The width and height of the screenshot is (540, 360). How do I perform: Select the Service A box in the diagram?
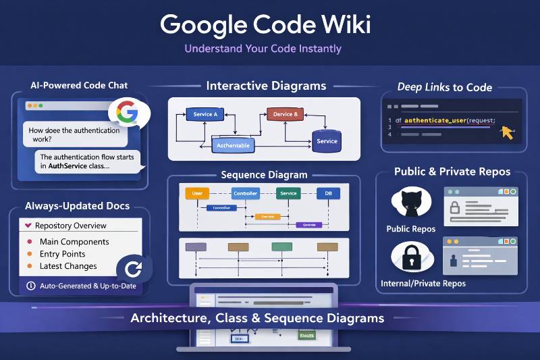click(205, 114)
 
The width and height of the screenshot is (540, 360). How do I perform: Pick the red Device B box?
click(283, 114)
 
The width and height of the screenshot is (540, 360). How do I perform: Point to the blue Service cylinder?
click(327, 140)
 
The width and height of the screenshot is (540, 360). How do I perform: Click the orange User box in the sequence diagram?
click(197, 193)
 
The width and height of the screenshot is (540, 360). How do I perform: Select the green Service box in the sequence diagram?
click(288, 193)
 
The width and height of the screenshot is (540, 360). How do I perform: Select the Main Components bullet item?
click(74, 242)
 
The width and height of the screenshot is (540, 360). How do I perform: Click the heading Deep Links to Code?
click(444, 86)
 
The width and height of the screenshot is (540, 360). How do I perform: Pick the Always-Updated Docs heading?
click(77, 205)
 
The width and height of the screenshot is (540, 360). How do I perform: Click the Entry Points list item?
click(63, 254)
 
